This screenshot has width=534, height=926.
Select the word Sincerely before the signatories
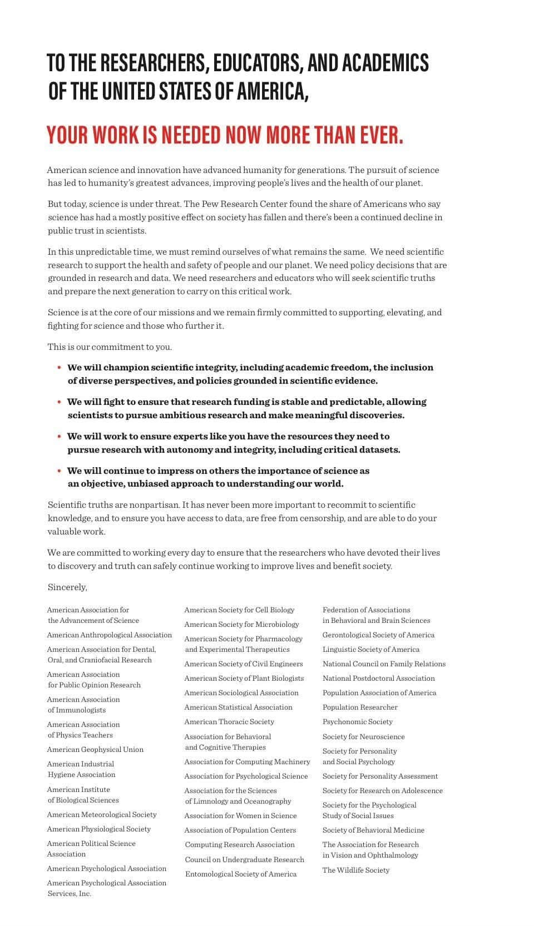tap(67, 587)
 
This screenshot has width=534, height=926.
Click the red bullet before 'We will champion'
tap(59, 368)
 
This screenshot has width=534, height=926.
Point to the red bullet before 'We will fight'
tap(59, 402)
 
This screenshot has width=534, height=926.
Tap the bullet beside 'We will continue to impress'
tap(59, 471)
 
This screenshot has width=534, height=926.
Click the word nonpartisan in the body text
tap(155, 505)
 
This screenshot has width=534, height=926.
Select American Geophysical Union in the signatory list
tap(95, 750)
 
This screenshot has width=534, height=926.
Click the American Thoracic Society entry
tap(229, 722)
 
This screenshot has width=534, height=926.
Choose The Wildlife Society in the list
tap(356, 870)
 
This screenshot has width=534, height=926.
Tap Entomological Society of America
tap(241, 874)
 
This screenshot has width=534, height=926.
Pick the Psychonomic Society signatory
tap(358, 722)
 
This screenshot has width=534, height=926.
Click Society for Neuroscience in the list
tap(364, 737)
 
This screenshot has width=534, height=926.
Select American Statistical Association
tap(239, 707)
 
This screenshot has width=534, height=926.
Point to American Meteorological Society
tap(102, 815)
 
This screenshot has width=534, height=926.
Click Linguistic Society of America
tap(371, 650)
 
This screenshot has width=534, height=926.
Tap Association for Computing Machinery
tap(248, 762)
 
